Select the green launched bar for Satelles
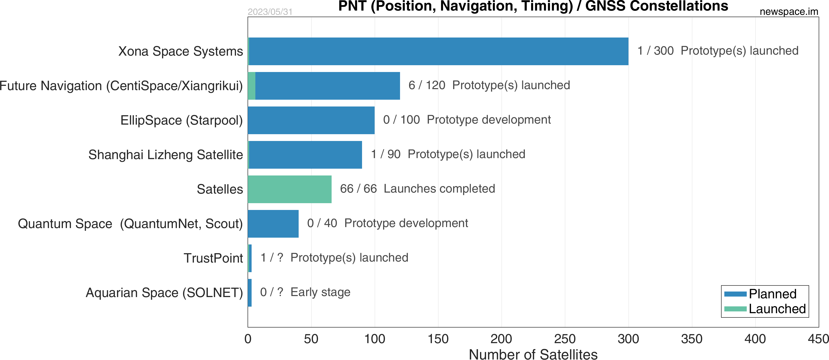pos(290,189)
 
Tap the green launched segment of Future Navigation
pos(252,86)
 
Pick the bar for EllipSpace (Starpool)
pos(311,120)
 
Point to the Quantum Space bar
pos(273,224)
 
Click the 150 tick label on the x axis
pos(438,339)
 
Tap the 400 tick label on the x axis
pos(755,339)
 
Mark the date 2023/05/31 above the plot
pos(270,12)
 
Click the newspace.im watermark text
pos(789,12)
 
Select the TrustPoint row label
pos(213,258)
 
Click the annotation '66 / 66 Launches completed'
pos(417,189)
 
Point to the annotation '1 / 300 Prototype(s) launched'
pos(718,51)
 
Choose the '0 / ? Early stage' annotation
pos(305,292)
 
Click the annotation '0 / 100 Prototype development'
pos(467,120)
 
